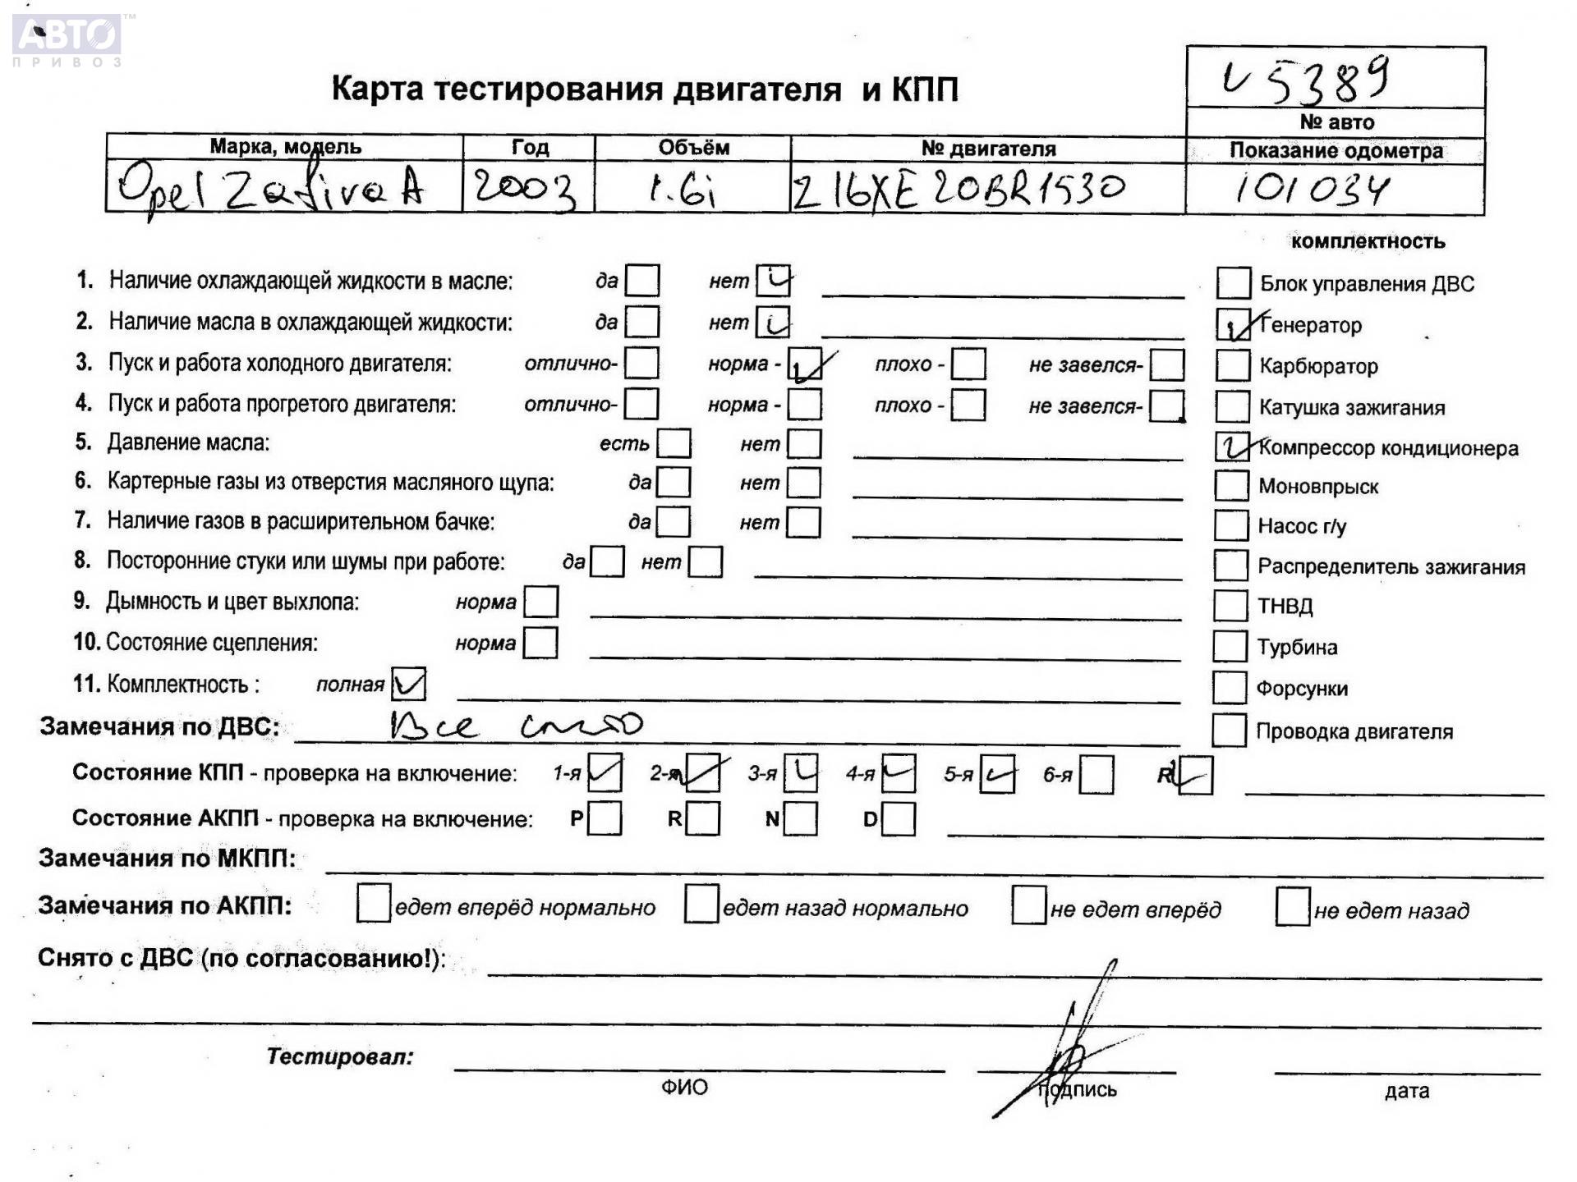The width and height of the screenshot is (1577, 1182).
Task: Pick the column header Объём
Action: coord(693,148)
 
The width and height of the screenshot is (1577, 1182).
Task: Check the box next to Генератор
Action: coord(1232,325)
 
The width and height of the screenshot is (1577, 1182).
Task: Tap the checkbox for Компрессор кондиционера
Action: coord(1232,447)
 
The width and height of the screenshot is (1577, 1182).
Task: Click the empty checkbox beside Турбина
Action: coord(1230,646)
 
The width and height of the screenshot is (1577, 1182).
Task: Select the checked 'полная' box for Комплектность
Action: coord(409,684)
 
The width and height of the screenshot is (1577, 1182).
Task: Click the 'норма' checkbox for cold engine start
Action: coord(805,364)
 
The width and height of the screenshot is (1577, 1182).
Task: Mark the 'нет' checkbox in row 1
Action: coord(773,281)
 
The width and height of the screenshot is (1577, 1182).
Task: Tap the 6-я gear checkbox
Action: coord(1097,775)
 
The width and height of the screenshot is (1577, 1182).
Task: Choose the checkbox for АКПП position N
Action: coord(800,818)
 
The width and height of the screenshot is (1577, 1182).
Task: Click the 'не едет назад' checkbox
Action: coord(1292,908)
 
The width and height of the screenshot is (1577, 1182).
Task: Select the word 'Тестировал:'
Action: coord(339,1056)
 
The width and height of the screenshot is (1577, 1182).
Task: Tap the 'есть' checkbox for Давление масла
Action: coord(674,443)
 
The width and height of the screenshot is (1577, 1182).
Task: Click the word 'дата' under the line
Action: coord(1406,1091)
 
